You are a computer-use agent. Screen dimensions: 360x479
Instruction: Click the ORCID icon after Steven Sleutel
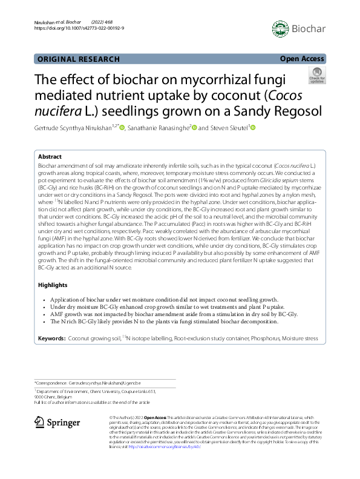[x=253, y=128]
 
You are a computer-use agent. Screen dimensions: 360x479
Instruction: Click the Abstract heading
[x=51, y=156]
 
